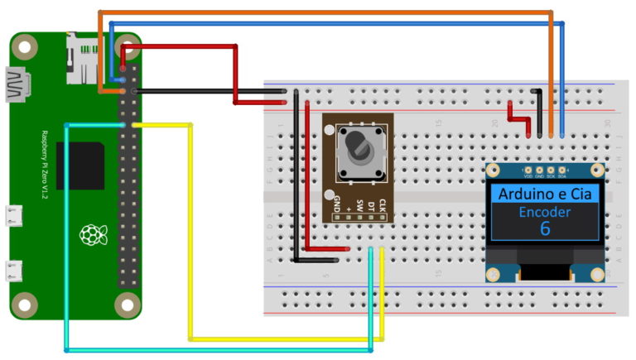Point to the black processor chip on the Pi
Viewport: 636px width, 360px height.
pyautogui.click(x=80, y=165)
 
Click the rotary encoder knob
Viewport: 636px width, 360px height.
pyautogui.click(x=359, y=146)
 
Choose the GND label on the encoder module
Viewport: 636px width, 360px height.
pyautogui.click(x=337, y=201)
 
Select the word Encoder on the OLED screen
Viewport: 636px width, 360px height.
pyautogui.click(x=544, y=212)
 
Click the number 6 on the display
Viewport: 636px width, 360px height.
pyautogui.click(x=545, y=228)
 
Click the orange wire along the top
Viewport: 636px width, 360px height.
pyautogui.click(x=331, y=12)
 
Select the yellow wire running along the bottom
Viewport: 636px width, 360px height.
pyautogui.click(x=282, y=338)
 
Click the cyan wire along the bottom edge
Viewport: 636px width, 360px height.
pyautogui.click(x=215, y=350)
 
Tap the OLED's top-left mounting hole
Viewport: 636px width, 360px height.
pyautogui.click(x=494, y=171)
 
